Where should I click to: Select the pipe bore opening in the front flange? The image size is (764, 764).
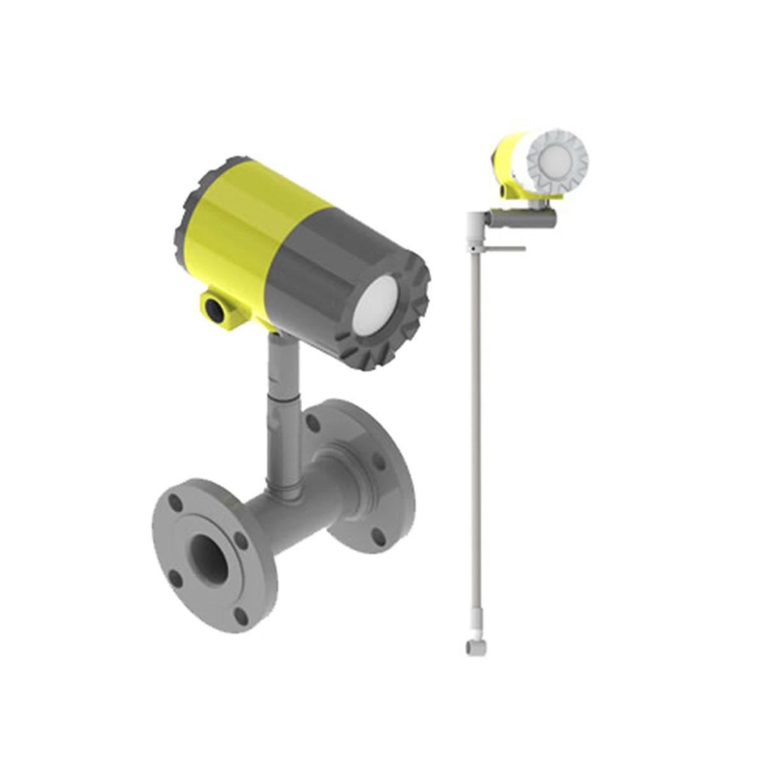pos(210,560)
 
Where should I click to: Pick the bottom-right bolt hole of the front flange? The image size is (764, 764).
pos(241,614)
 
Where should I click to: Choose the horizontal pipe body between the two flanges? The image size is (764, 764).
pos(299,509)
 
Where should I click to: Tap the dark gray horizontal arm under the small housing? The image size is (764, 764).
pos(522,218)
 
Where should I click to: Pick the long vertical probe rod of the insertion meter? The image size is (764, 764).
pos(474,446)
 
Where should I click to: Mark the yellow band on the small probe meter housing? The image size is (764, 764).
pos(509,159)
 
